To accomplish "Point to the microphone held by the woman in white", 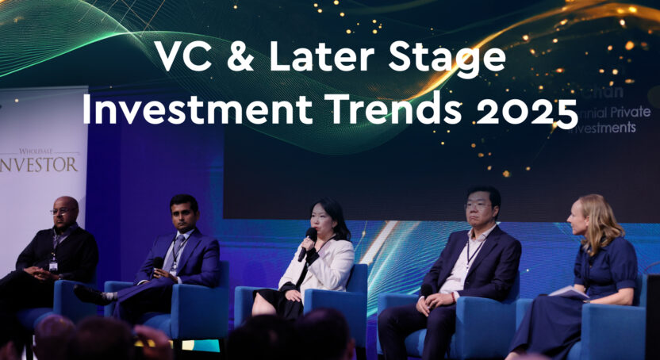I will click(307, 242).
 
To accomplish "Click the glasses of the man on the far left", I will click(62, 211).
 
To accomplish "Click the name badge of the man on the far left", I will click(53, 266).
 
